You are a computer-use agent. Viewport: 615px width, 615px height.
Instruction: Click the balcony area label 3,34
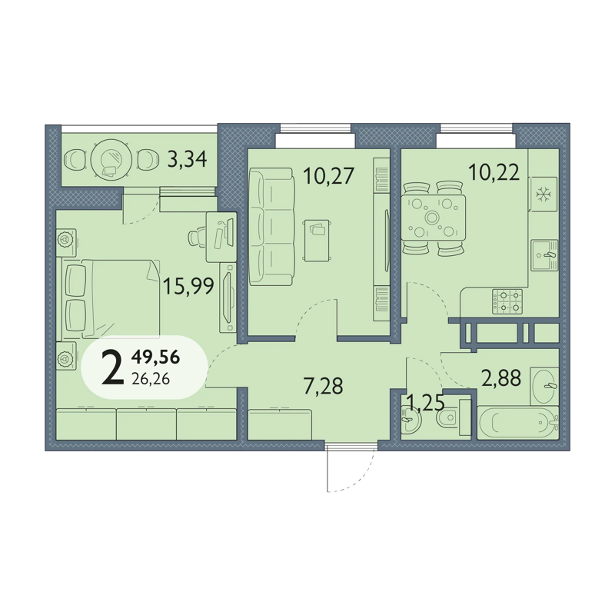tap(187, 159)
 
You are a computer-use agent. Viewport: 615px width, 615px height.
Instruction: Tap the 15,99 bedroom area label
tap(188, 285)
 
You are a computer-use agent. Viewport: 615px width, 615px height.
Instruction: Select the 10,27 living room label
tap(329, 175)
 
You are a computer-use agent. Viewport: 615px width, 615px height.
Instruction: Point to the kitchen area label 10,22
tap(494, 171)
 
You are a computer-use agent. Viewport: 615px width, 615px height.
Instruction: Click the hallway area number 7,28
tap(324, 386)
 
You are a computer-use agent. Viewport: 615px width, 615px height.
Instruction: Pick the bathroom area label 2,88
tap(501, 378)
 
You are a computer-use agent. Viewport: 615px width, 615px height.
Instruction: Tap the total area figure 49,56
tap(156, 357)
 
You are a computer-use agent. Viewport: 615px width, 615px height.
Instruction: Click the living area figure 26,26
tap(151, 379)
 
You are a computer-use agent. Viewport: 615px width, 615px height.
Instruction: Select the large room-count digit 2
tap(112, 368)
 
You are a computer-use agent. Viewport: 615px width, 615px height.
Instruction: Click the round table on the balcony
tap(110, 160)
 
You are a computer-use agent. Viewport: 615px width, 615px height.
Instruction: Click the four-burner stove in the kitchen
tap(507, 301)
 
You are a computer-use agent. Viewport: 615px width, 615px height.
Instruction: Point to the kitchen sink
tap(545, 255)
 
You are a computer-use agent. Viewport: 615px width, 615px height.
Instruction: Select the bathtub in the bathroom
tap(517, 422)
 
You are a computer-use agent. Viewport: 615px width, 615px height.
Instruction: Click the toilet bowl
tap(448, 417)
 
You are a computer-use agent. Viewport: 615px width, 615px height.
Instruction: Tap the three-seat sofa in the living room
tap(271, 227)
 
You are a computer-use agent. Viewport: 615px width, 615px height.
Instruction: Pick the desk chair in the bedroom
tap(198, 237)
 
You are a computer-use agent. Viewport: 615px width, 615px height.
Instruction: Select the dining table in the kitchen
tap(433, 218)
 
